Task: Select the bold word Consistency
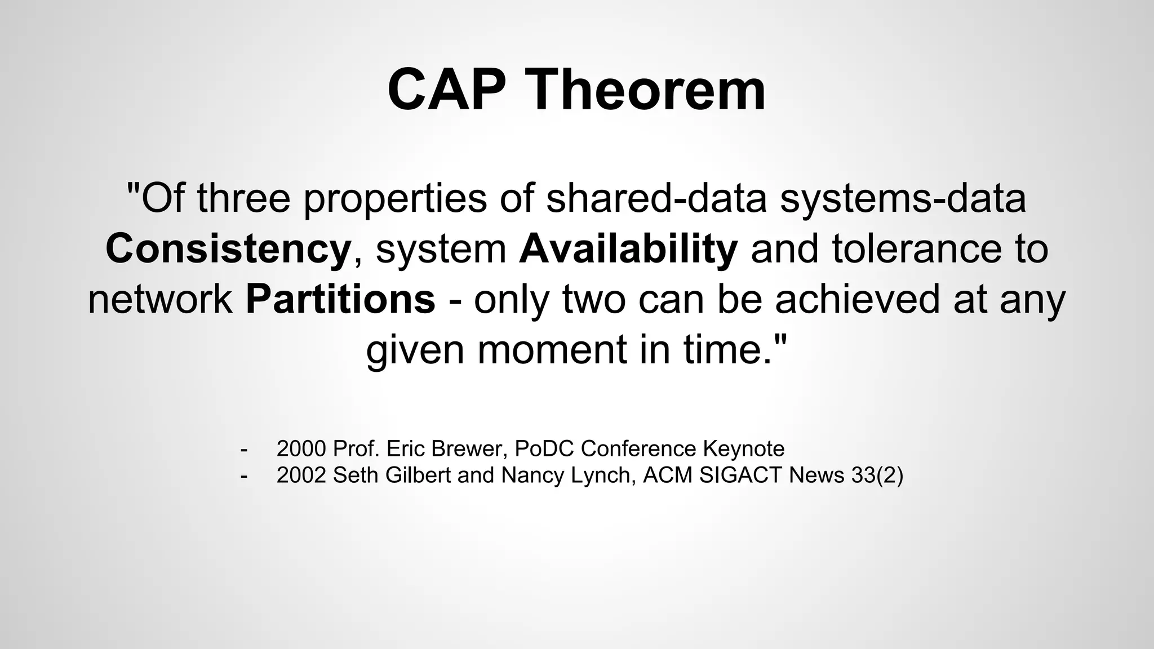(228, 249)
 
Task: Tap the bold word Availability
(628, 249)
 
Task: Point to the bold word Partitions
(340, 299)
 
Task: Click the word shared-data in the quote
(656, 198)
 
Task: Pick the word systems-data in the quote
(903, 198)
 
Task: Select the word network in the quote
(160, 299)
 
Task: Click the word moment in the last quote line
(552, 349)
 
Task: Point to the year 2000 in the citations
(301, 449)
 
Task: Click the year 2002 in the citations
(301, 475)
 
